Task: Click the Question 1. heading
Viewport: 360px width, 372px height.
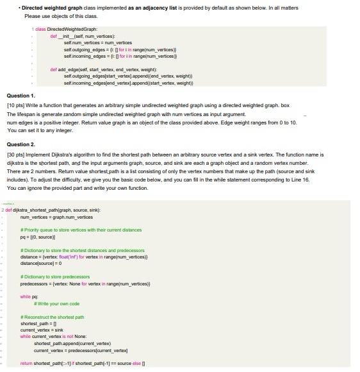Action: pos(21,96)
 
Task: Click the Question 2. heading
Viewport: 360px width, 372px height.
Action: pos(21,145)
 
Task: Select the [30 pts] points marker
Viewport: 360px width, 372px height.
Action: pos(16,155)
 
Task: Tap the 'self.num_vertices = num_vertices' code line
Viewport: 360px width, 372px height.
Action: pos(97,43)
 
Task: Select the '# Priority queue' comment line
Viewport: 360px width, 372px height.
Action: pos(81,230)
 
